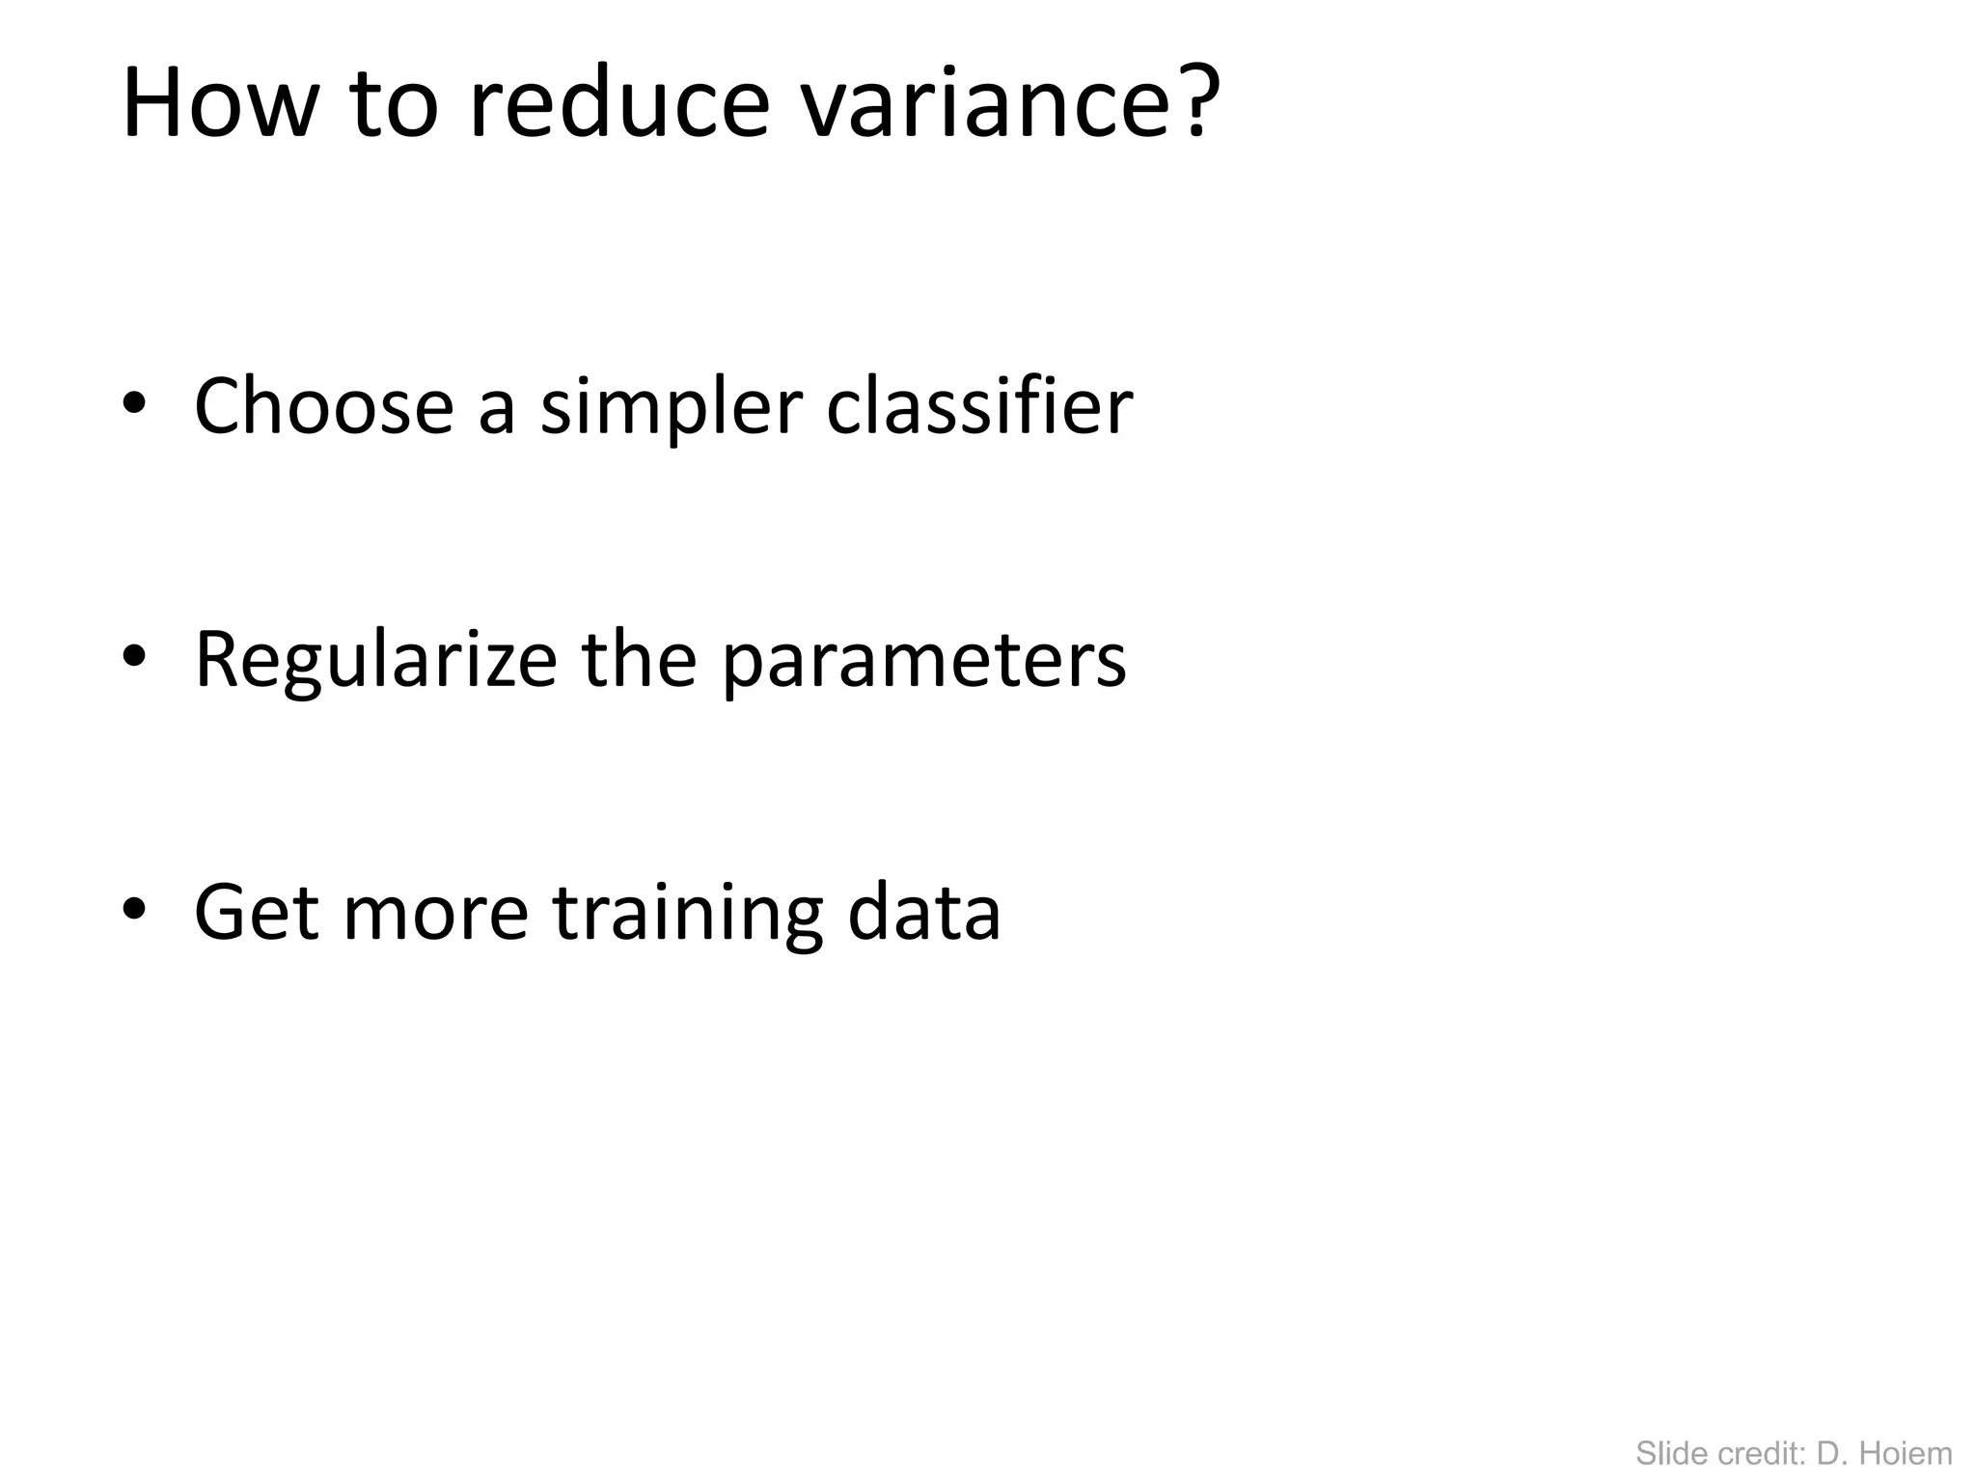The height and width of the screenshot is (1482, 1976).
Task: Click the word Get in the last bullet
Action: point(257,913)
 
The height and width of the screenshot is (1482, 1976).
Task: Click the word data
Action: point(923,913)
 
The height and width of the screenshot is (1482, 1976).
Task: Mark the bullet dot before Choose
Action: point(134,405)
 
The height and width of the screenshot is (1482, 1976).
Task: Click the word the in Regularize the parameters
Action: point(639,660)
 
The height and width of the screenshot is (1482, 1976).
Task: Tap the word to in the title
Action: point(394,106)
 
